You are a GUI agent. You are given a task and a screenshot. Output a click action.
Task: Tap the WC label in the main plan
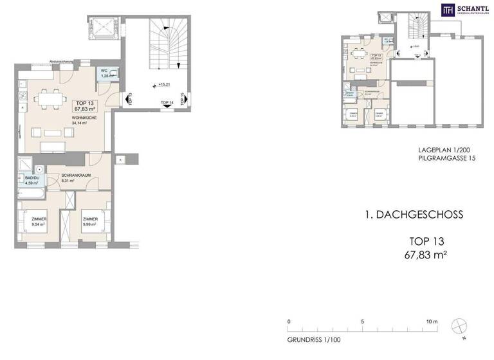pyautogui.click(x=104, y=71)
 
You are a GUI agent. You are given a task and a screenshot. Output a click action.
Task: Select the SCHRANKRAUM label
pyautogui.click(x=75, y=175)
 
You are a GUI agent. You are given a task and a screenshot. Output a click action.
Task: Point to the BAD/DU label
pyautogui.click(x=32, y=177)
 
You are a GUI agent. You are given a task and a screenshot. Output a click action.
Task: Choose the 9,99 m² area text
pyautogui.click(x=89, y=225)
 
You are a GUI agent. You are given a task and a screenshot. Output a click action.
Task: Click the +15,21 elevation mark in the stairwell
pyautogui.click(x=156, y=84)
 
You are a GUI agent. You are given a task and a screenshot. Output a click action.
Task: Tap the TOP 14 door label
pyautogui.click(x=167, y=103)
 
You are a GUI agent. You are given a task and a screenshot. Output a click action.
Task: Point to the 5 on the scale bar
pyautogui.click(x=363, y=321)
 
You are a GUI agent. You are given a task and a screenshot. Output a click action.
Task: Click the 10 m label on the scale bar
pyautogui.click(x=432, y=321)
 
